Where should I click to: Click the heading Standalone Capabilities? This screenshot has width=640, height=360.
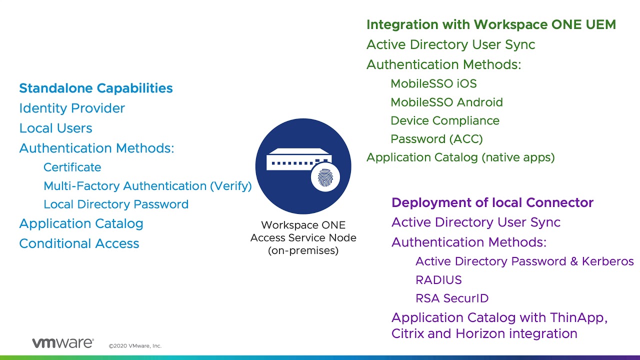point(95,88)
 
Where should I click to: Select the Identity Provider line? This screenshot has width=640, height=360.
point(72,108)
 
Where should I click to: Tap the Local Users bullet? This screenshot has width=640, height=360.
point(55,128)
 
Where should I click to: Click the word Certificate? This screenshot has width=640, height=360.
point(72,167)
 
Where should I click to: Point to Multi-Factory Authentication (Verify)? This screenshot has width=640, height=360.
point(147,186)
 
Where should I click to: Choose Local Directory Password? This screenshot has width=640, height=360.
point(116,204)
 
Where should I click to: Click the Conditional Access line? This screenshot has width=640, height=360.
point(79,243)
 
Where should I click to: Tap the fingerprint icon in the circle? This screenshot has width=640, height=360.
point(325,177)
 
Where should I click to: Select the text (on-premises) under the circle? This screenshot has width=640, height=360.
point(303,251)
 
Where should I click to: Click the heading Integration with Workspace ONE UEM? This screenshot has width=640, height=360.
point(491,24)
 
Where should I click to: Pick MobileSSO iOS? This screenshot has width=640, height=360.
point(433,83)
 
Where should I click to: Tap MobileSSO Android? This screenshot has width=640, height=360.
point(446,102)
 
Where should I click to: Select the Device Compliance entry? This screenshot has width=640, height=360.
point(444,121)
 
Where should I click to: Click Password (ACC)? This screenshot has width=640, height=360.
point(436,139)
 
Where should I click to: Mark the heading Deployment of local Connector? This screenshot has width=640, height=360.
point(492,202)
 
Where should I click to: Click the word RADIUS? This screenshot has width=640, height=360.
point(438,280)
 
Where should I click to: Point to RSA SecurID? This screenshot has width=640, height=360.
point(452,298)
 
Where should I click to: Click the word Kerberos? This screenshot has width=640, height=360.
point(607,261)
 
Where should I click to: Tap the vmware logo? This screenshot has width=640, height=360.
point(62,343)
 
